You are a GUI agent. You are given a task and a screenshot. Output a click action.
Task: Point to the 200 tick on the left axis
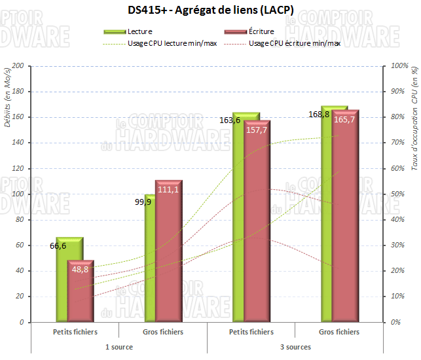[x=18, y=66]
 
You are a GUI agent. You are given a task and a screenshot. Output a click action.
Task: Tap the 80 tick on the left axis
[x=20, y=220]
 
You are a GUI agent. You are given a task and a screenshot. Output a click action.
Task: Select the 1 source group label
[x=119, y=346]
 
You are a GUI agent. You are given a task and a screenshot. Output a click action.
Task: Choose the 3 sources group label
[x=295, y=346]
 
